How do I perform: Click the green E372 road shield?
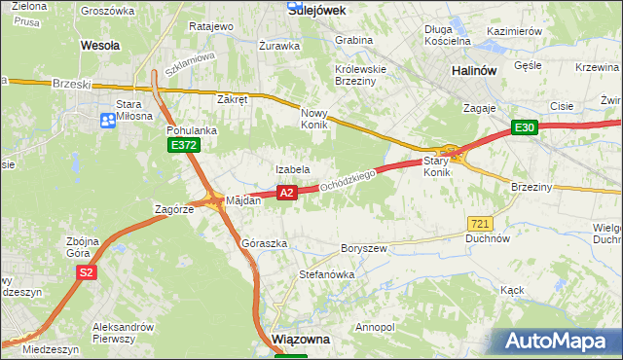(x=183, y=145)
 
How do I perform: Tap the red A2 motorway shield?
(x=286, y=194)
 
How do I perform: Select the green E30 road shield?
(x=525, y=127)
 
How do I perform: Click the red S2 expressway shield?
(x=87, y=273)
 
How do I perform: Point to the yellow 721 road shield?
(x=477, y=223)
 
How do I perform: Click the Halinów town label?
(x=475, y=71)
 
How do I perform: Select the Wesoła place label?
(x=99, y=45)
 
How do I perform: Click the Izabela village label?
(x=292, y=169)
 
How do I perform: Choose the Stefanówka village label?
(x=326, y=274)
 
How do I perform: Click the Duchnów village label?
(x=488, y=237)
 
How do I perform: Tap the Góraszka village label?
(x=265, y=243)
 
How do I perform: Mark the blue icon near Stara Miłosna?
(x=108, y=121)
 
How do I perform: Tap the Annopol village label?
(x=376, y=327)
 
